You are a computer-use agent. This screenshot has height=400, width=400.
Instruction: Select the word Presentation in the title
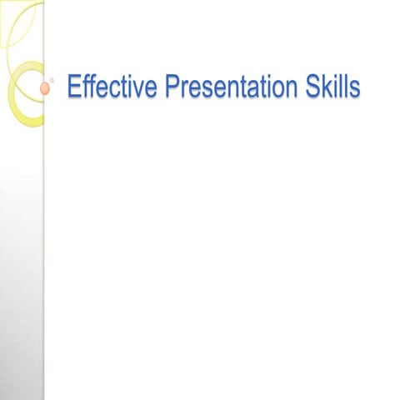(x=226, y=87)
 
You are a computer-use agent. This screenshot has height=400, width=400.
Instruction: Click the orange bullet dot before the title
(x=46, y=87)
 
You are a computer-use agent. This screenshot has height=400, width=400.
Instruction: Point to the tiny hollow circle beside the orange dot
(x=52, y=80)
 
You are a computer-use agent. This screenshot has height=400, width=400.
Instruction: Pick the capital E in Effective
(x=73, y=87)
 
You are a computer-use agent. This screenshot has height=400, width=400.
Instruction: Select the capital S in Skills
(x=312, y=87)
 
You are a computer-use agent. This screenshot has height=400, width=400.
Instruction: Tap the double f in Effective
(x=88, y=87)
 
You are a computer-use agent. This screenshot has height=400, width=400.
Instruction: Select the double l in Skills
(x=342, y=87)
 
